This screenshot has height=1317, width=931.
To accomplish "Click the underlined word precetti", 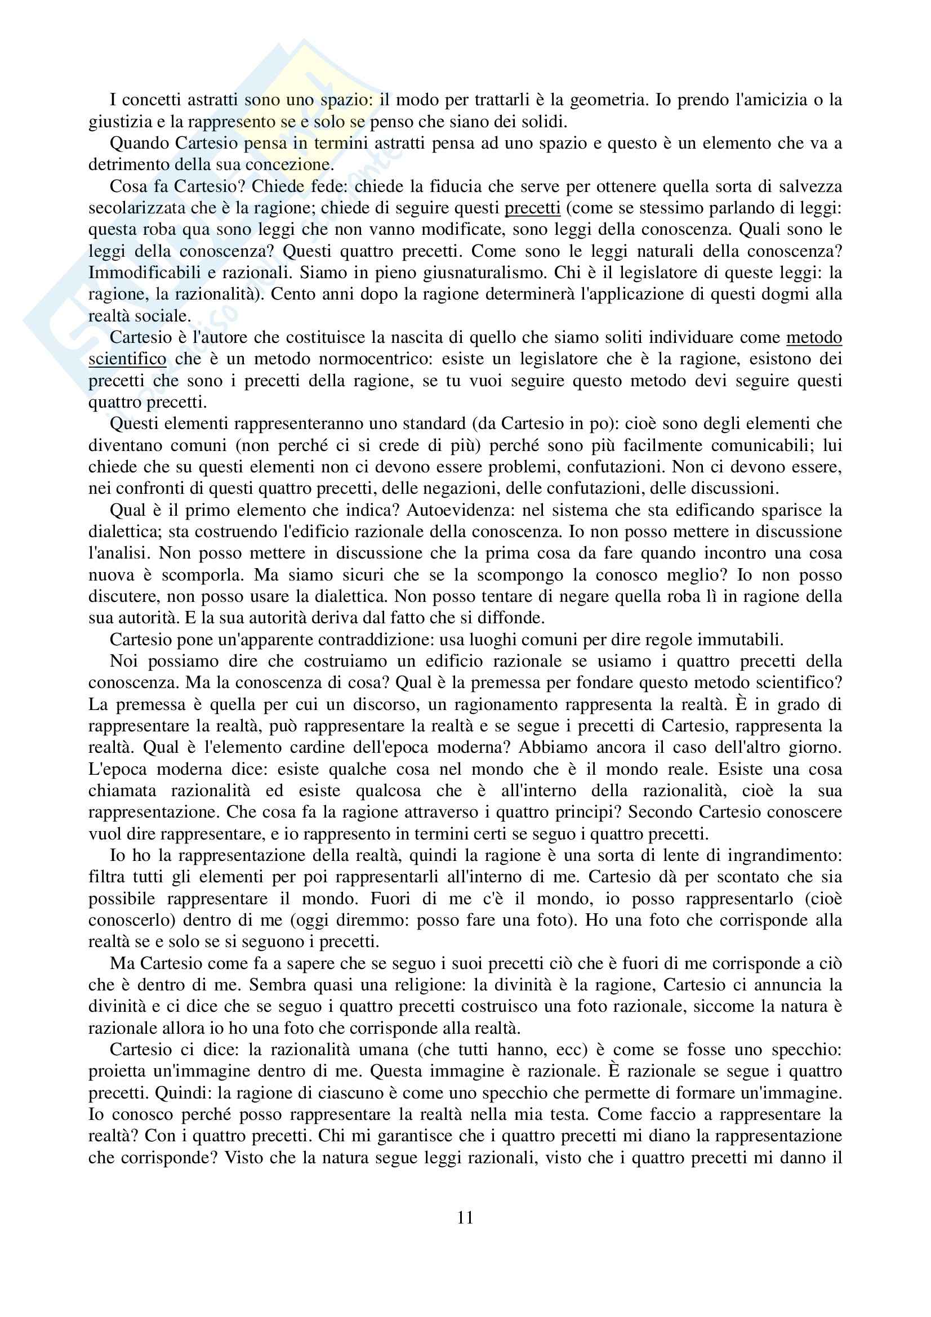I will tap(532, 208).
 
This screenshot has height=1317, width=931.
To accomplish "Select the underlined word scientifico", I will tap(127, 359).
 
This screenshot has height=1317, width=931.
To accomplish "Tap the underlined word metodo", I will tap(814, 337).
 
